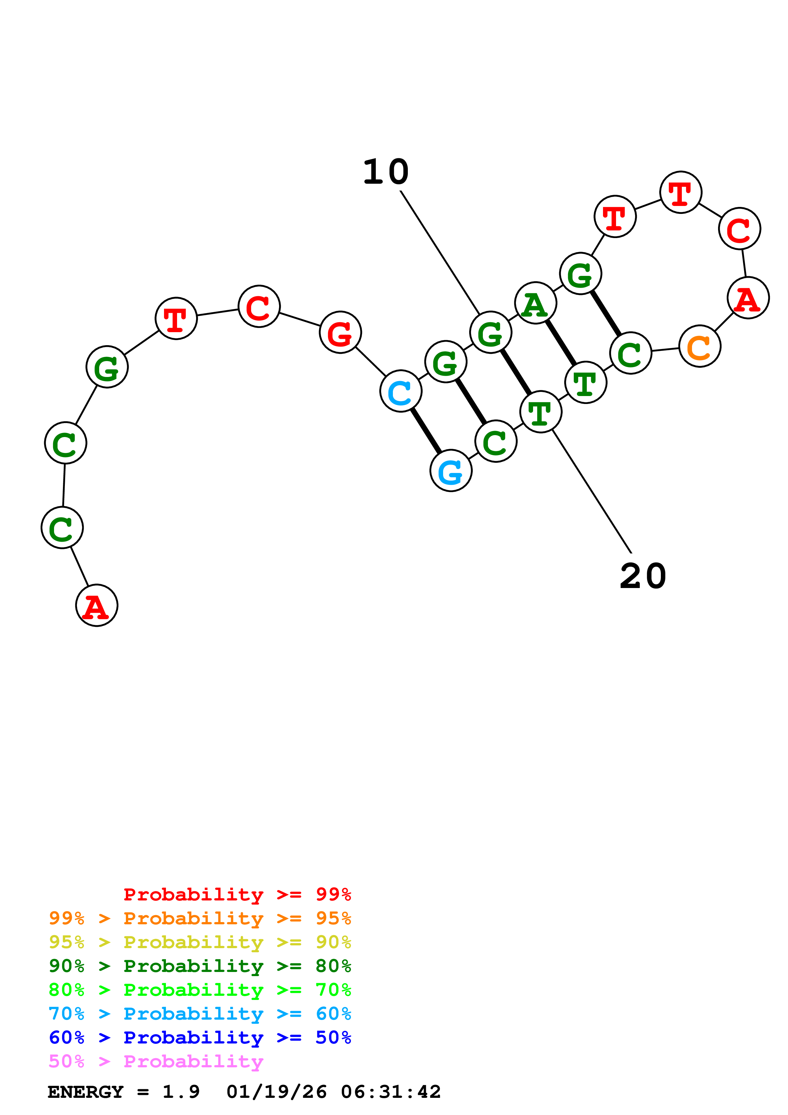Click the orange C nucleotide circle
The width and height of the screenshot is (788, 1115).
pyautogui.click(x=700, y=346)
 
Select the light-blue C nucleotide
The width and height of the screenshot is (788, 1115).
pyautogui.click(x=401, y=391)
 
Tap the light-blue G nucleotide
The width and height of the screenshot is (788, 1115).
pyautogui.click(x=450, y=471)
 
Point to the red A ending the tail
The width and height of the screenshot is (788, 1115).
pyautogui.click(x=97, y=605)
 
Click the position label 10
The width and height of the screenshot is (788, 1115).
pyautogui.click(x=386, y=172)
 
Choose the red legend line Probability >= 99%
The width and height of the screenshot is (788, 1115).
pyautogui.click(x=237, y=894)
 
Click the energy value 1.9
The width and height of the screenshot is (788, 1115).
pyautogui.click(x=181, y=1092)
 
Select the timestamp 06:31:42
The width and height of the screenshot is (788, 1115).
pyautogui.click(x=391, y=1092)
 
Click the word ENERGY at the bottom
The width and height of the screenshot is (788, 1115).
pyautogui.click(x=86, y=1092)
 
